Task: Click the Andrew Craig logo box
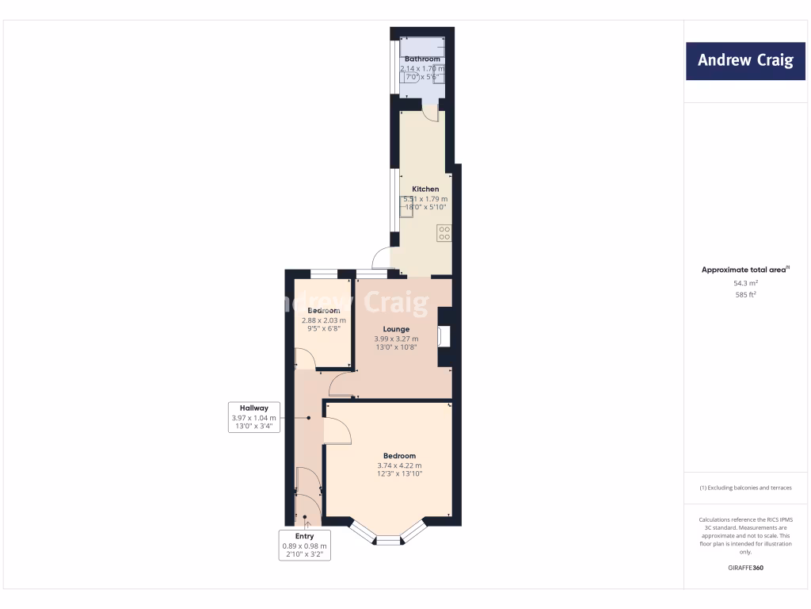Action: pyautogui.click(x=744, y=60)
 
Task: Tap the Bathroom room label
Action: pyautogui.click(x=422, y=59)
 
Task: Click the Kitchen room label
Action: pyautogui.click(x=425, y=190)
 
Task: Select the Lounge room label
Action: pyautogui.click(x=396, y=329)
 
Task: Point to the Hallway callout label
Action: pyautogui.click(x=253, y=408)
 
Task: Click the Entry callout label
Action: pyautogui.click(x=304, y=536)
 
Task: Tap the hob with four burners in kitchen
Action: pyautogui.click(x=444, y=232)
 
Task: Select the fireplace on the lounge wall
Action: pyautogui.click(x=444, y=337)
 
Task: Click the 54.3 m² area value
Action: pyautogui.click(x=745, y=283)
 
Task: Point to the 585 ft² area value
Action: pyautogui.click(x=745, y=294)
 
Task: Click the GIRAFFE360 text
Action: pyautogui.click(x=745, y=568)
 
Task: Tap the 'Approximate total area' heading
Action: pyautogui.click(x=745, y=270)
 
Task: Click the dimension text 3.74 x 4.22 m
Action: pyautogui.click(x=399, y=465)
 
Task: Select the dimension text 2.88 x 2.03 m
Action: pyautogui.click(x=324, y=320)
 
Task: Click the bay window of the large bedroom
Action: pyautogui.click(x=388, y=538)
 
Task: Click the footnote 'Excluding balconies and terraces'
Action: pyautogui.click(x=745, y=488)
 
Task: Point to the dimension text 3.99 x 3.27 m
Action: pyautogui.click(x=396, y=339)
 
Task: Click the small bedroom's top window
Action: pyautogui.click(x=322, y=274)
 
